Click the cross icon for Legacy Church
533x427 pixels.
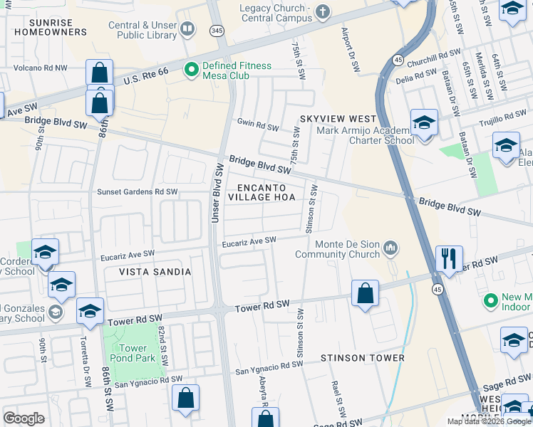pyautogui.click(x=323, y=11)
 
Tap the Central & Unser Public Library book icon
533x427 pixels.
pyautogui.click(x=187, y=28)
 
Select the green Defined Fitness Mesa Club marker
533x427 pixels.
pyautogui.click(x=190, y=69)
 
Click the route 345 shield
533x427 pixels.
pyautogui.click(x=216, y=30)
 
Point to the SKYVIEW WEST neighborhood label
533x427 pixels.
pyautogui.click(x=337, y=118)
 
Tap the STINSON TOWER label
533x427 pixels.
pyautogui.click(x=362, y=357)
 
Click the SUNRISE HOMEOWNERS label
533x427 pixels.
pyautogui.click(x=51, y=26)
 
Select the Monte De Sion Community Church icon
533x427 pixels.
pyautogui.click(x=390, y=248)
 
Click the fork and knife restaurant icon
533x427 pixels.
pyautogui.click(x=449, y=259)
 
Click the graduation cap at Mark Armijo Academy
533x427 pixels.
pyautogui.click(x=424, y=122)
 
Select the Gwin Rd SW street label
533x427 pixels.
pyautogui.click(x=257, y=127)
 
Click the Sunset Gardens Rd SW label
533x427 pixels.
pyautogui.click(x=137, y=191)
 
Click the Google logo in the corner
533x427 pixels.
pyautogui.click(x=24, y=418)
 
